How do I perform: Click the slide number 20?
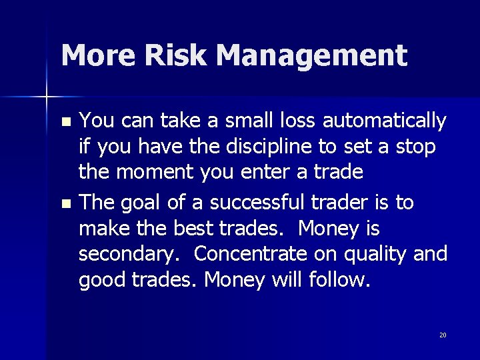[x=443, y=335]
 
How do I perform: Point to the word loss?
[x=295, y=121]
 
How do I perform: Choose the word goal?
[x=149, y=203]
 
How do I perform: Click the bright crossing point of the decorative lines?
[x=47, y=98]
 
